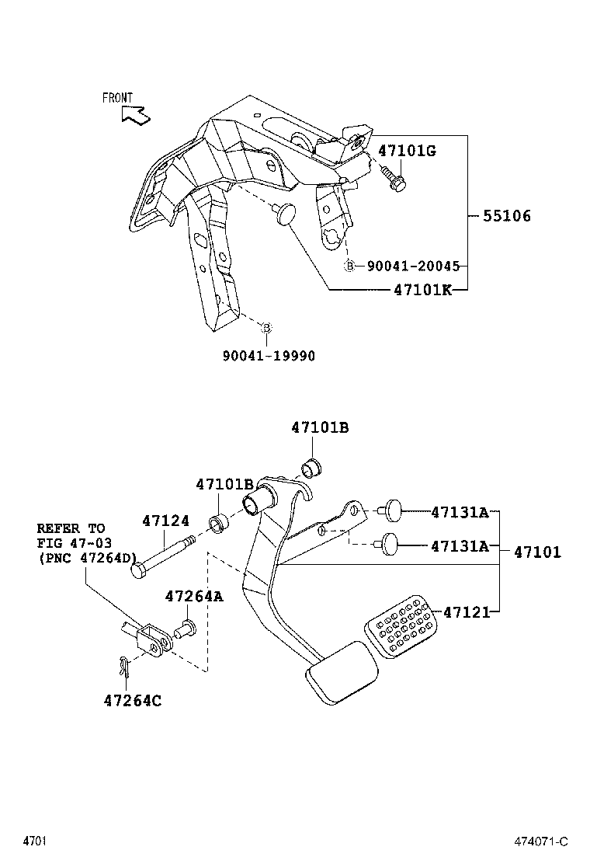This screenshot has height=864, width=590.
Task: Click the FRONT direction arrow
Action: (x=135, y=116)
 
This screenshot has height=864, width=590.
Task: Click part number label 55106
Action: (x=507, y=217)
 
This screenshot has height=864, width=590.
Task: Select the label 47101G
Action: (x=407, y=151)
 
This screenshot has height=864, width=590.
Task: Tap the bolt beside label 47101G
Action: (x=394, y=181)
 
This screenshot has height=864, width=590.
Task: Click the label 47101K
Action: (x=422, y=290)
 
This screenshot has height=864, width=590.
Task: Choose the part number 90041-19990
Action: (x=269, y=355)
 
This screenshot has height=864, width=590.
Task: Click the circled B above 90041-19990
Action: (x=265, y=328)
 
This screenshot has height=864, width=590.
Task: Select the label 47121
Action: (x=467, y=612)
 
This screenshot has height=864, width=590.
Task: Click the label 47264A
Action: (x=193, y=596)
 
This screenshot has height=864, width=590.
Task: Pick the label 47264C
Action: (x=132, y=700)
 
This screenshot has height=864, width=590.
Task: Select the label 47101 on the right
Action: (x=536, y=552)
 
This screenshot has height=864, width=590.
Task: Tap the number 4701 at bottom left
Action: (x=33, y=841)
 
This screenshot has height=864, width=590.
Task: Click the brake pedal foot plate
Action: (x=341, y=674)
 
